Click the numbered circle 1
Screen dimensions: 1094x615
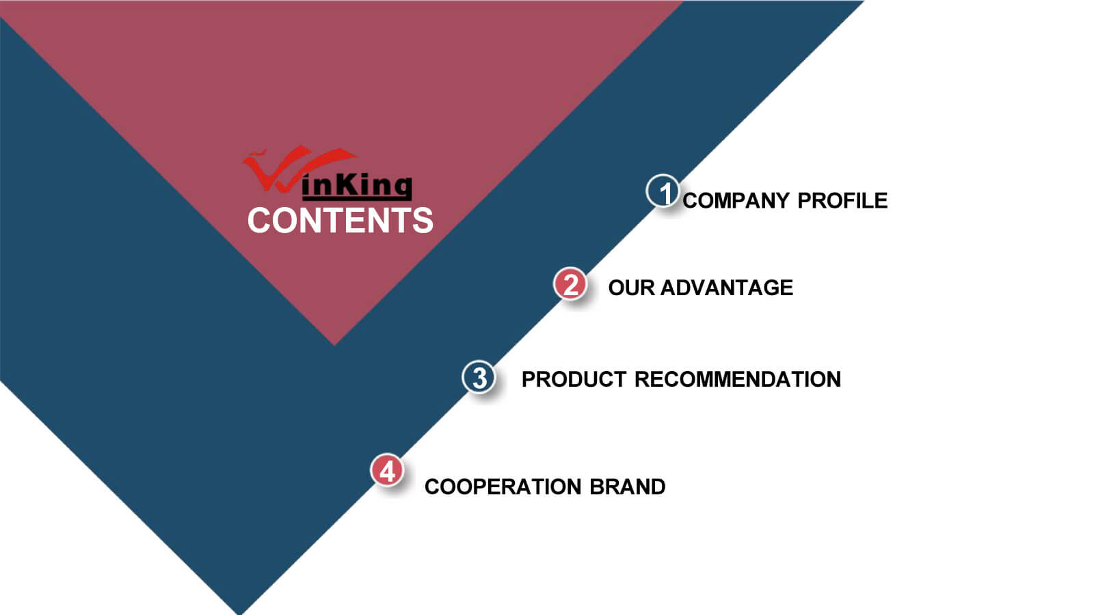tap(663, 191)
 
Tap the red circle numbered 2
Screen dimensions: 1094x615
tap(570, 284)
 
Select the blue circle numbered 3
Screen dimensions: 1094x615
tap(479, 377)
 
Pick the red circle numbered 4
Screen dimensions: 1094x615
tap(387, 471)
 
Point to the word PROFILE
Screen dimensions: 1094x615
tap(842, 201)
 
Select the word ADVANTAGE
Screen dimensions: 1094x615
tap(727, 288)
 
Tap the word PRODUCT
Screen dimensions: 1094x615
tap(574, 379)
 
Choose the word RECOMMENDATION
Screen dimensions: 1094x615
tap(738, 379)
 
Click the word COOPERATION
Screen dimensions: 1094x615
tap(503, 487)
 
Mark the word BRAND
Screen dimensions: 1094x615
tap(628, 487)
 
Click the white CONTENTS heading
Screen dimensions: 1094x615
tap(341, 220)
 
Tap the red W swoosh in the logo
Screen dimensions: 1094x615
tap(293, 168)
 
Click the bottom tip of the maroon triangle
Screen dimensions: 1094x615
tap(334, 345)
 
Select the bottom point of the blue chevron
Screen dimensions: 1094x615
tap(240, 614)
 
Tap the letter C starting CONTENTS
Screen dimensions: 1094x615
tap(259, 220)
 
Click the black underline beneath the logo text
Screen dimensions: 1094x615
tap(357, 198)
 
